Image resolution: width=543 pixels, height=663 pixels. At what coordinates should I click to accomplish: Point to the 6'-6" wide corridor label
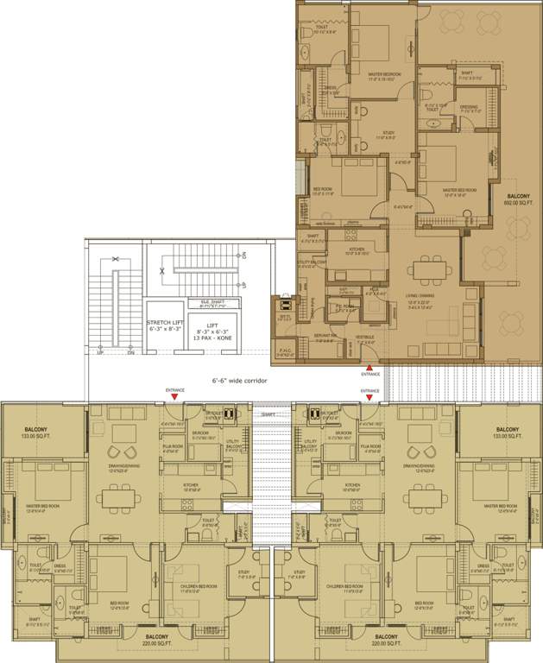[241, 379]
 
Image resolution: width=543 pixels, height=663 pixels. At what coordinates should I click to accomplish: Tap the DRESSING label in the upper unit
[469, 108]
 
